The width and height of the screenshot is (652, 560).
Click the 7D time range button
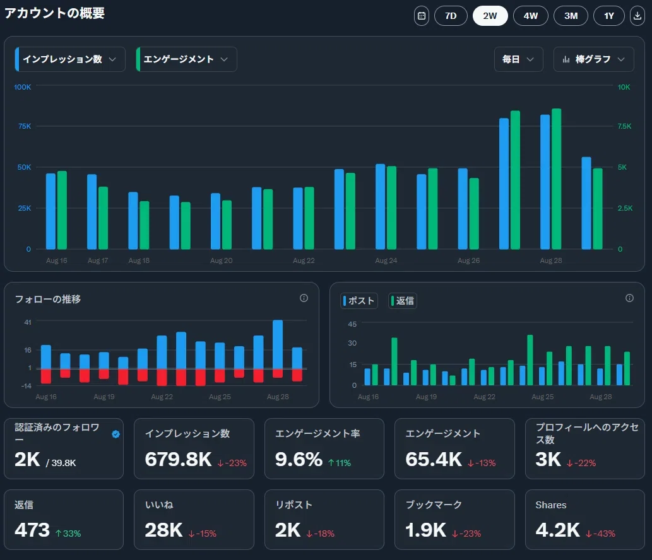(451, 16)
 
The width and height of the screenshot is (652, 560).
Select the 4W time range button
(531, 16)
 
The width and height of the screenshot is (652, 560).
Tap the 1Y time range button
(608, 16)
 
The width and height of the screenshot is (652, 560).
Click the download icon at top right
(637, 16)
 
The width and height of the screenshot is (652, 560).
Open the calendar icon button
(422, 16)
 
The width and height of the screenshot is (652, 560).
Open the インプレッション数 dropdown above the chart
(70, 59)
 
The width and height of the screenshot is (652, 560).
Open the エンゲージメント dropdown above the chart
(186, 59)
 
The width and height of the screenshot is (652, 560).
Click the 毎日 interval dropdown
(519, 59)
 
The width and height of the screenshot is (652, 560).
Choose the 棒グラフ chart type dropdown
(593, 59)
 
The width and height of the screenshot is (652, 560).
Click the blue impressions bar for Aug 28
(545, 182)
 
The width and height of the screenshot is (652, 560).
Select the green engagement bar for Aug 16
(62, 210)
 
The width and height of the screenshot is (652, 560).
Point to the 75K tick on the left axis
(25, 126)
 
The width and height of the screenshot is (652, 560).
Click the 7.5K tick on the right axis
(624, 126)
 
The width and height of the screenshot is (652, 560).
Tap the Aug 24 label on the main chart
(386, 260)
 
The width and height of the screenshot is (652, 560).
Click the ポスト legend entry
(359, 301)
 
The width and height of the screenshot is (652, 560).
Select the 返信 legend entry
(403, 301)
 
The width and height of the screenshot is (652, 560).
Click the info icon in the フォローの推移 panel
(304, 298)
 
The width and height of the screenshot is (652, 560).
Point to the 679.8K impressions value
(179, 460)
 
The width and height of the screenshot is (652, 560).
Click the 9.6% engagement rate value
(299, 460)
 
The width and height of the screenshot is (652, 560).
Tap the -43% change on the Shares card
(600, 534)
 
